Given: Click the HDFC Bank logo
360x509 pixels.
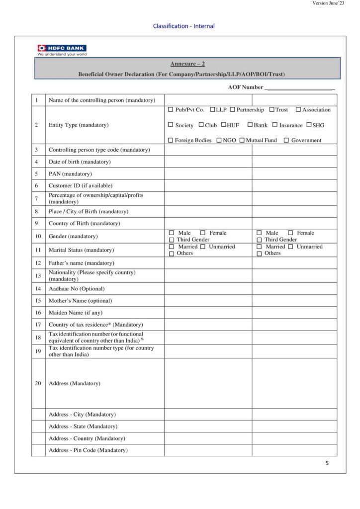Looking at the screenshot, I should coord(62,49).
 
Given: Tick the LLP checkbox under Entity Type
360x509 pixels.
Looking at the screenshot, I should coord(212,110).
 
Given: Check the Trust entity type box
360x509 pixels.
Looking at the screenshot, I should coord(272,110).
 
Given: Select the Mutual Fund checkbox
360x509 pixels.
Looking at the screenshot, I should coord(242,140).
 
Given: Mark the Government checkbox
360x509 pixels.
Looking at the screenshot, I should coord(286,140).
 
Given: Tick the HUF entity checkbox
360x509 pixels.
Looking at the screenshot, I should coord(224,125).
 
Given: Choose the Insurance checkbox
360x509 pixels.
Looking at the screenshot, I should coord(274,125).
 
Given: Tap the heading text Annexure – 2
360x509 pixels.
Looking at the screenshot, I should coord(187,64).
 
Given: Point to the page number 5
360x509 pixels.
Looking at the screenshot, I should coord(327,463).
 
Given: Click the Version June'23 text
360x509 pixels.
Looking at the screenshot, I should coord(328,3).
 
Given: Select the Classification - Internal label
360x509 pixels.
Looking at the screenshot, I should coord(184,26).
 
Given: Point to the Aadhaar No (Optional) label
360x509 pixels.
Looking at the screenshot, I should coord(77,289).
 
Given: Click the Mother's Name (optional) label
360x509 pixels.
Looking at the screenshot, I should coord(80,301).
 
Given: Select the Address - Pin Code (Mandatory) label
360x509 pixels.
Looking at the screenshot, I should coord(88,450).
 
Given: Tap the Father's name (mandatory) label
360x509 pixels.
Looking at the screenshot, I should coord(81,263).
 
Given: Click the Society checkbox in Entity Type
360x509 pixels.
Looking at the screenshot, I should coord(171,125).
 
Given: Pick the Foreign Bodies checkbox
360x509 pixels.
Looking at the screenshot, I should coord(171,140).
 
